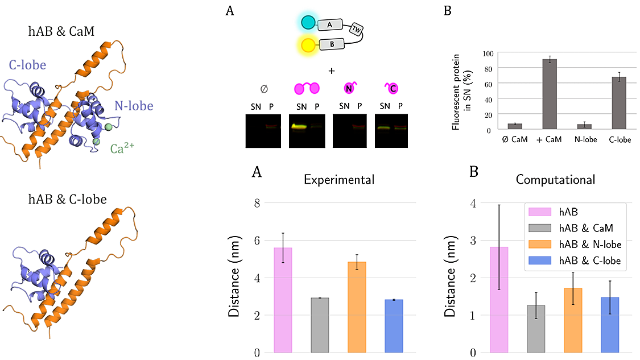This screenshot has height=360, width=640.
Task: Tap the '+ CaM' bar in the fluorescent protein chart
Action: [550, 94]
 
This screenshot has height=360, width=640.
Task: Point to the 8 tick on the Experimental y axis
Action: [241, 202]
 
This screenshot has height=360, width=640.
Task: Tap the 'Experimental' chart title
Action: [339, 180]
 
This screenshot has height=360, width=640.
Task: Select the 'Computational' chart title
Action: [555, 180]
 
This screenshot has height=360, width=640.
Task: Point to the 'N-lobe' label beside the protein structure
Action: [133, 106]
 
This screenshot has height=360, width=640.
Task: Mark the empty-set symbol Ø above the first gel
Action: [263, 89]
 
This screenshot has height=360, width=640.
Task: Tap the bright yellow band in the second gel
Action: [302, 126]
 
